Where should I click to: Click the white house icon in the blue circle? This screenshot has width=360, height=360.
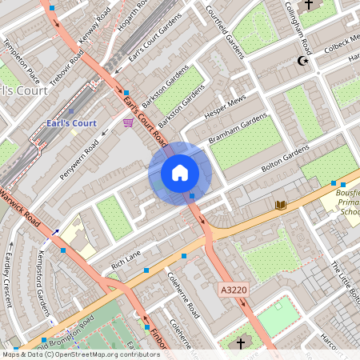180,173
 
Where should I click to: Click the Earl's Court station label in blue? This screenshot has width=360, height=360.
70,123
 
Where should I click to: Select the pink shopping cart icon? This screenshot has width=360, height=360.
128,122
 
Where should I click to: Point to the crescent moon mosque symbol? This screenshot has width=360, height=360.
302,61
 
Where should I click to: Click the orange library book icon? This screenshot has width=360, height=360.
280,206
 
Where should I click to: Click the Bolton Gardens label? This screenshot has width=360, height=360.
285,158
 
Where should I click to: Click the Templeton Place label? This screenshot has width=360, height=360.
21,65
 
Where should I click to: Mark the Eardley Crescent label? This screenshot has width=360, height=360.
9,284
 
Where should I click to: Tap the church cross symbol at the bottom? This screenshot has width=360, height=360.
241,343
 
